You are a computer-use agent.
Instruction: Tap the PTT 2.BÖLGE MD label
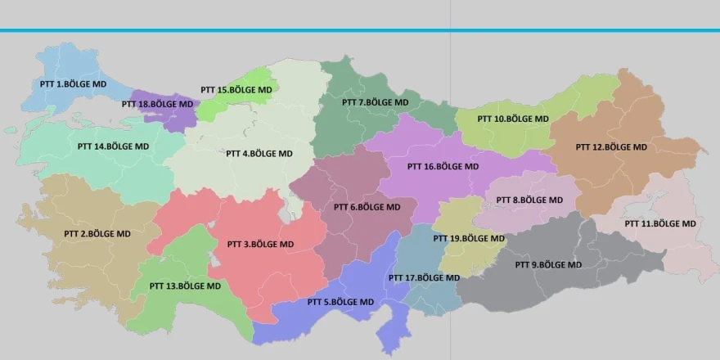(x=97, y=233)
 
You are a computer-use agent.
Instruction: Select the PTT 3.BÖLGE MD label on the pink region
(x=260, y=244)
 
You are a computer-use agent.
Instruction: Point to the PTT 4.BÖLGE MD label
(x=259, y=153)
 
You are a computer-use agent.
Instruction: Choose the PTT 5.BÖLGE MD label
(x=340, y=302)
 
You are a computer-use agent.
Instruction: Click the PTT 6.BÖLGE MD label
(x=367, y=207)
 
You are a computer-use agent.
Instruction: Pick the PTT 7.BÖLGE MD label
(x=375, y=102)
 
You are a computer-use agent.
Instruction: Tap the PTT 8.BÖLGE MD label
(x=529, y=200)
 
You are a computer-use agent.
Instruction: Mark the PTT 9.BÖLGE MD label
(x=548, y=264)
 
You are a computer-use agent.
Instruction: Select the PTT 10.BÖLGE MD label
(x=512, y=119)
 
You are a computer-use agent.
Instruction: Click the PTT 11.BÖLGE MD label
(x=660, y=223)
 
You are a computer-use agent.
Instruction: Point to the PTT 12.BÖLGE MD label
(x=611, y=147)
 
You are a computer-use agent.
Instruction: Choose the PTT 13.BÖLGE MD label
(x=185, y=286)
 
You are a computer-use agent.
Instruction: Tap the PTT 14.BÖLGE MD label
(x=113, y=146)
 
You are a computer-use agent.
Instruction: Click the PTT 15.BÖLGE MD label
(x=236, y=89)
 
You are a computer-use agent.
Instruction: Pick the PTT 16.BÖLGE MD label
(x=443, y=166)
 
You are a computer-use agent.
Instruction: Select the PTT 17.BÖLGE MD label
(x=424, y=277)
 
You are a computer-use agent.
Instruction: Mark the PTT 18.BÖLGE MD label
(x=157, y=104)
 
